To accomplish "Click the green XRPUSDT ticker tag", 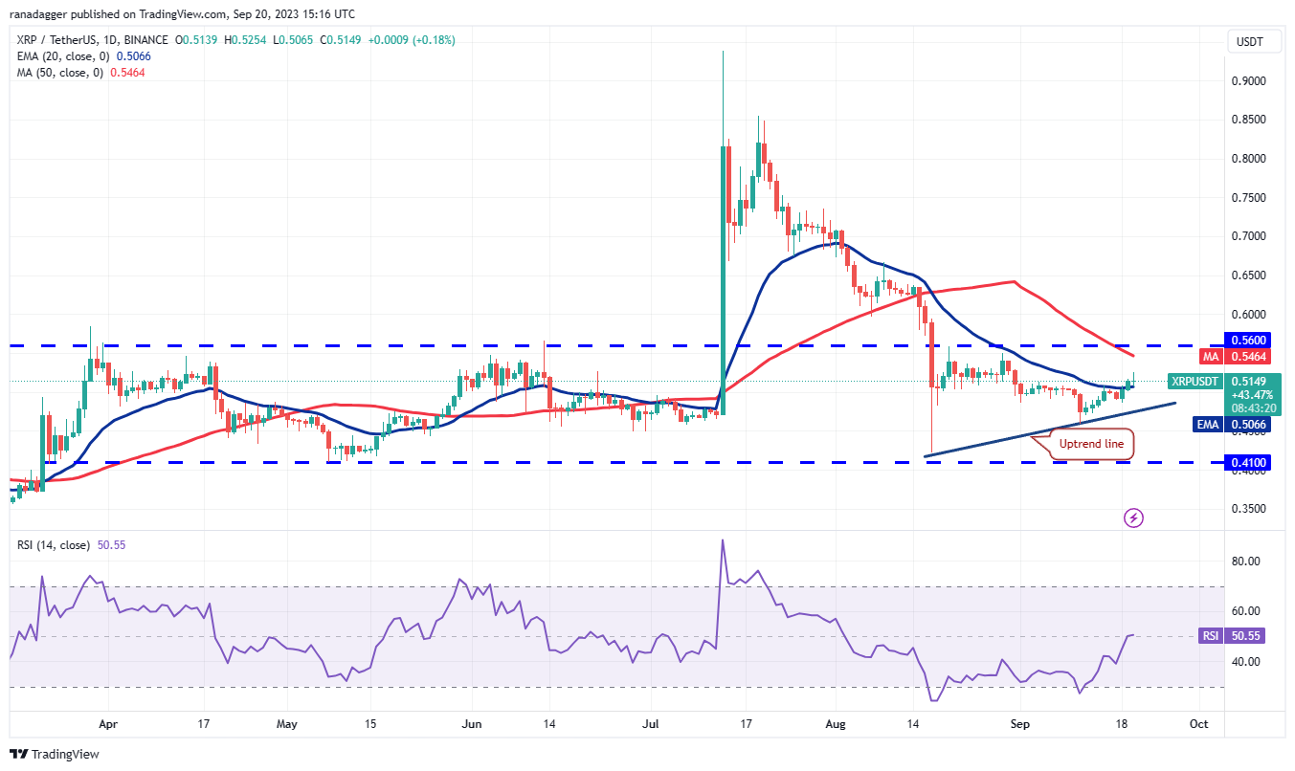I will [1194, 381].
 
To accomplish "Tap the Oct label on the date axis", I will [1197, 725].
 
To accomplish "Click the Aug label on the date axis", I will [836, 725].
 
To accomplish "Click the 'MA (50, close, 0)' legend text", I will [56, 73].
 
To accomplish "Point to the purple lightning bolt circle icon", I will [1133, 518].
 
